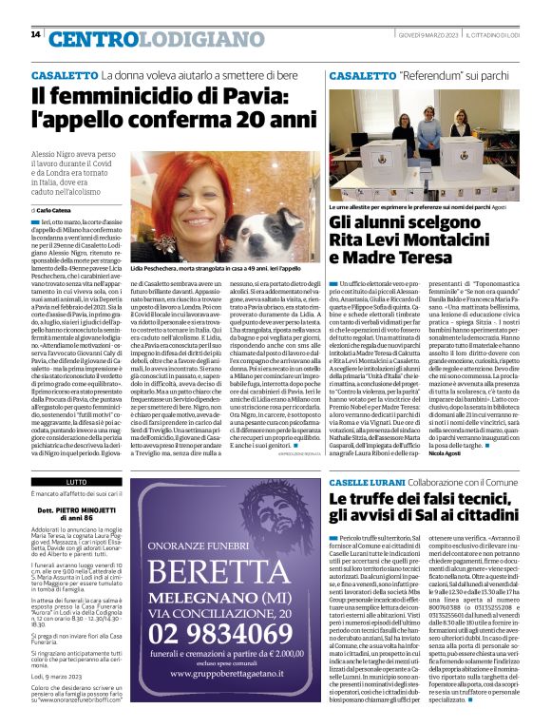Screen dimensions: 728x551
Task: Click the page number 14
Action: pyautogui.click(x=36, y=35)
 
